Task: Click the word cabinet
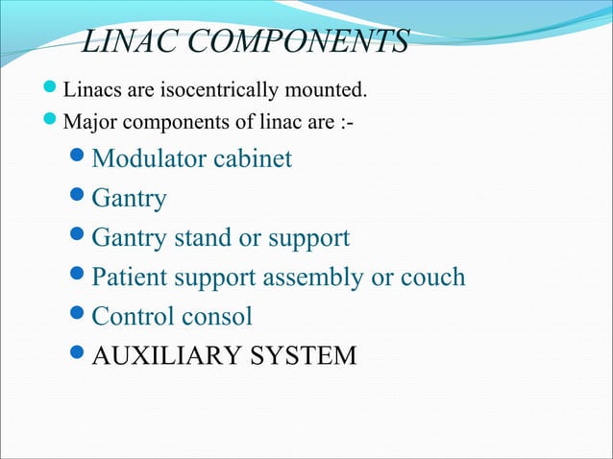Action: pos(254,158)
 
